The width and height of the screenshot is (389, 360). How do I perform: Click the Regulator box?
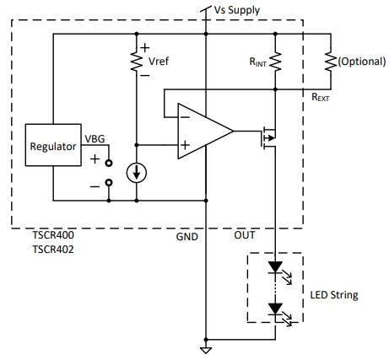coord(53,146)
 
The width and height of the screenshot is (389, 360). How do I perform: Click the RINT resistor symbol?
coord(276,62)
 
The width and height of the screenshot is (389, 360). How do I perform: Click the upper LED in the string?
coord(276,268)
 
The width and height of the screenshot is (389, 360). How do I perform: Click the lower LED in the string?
coord(276,309)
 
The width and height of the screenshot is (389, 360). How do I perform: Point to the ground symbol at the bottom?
coord(205,348)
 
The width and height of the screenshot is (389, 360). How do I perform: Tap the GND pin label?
coord(186,238)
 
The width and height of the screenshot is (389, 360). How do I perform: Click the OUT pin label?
coord(245,238)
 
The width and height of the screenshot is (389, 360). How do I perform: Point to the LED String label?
coord(334,295)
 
